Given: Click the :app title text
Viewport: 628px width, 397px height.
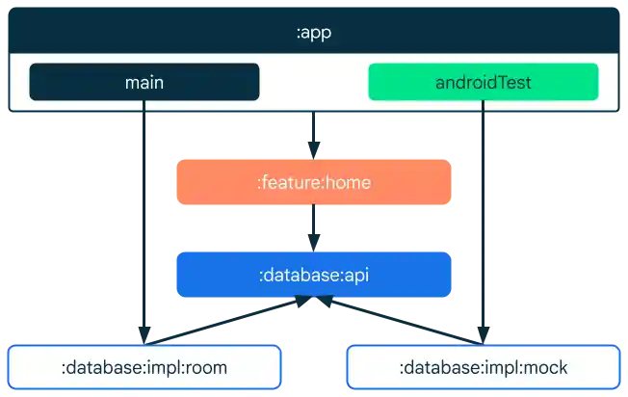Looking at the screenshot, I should (313, 33).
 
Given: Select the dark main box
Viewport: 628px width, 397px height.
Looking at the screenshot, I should (144, 83).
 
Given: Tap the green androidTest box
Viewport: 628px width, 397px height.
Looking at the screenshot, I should (483, 83).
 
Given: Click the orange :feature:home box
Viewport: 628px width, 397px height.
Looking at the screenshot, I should (313, 182).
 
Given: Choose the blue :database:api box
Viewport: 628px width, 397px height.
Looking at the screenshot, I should (313, 275).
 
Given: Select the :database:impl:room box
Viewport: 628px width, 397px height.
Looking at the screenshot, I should (144, 367).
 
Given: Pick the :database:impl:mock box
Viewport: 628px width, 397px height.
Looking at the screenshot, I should (483, 367).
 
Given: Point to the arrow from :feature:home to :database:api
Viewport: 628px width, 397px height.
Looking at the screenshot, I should (313, 227).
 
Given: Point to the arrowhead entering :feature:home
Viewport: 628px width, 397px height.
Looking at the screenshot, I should (313, 147).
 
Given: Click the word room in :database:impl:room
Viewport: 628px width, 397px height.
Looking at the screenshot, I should (206, 368).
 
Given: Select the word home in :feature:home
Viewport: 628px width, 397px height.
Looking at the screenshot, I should (349, 182).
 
